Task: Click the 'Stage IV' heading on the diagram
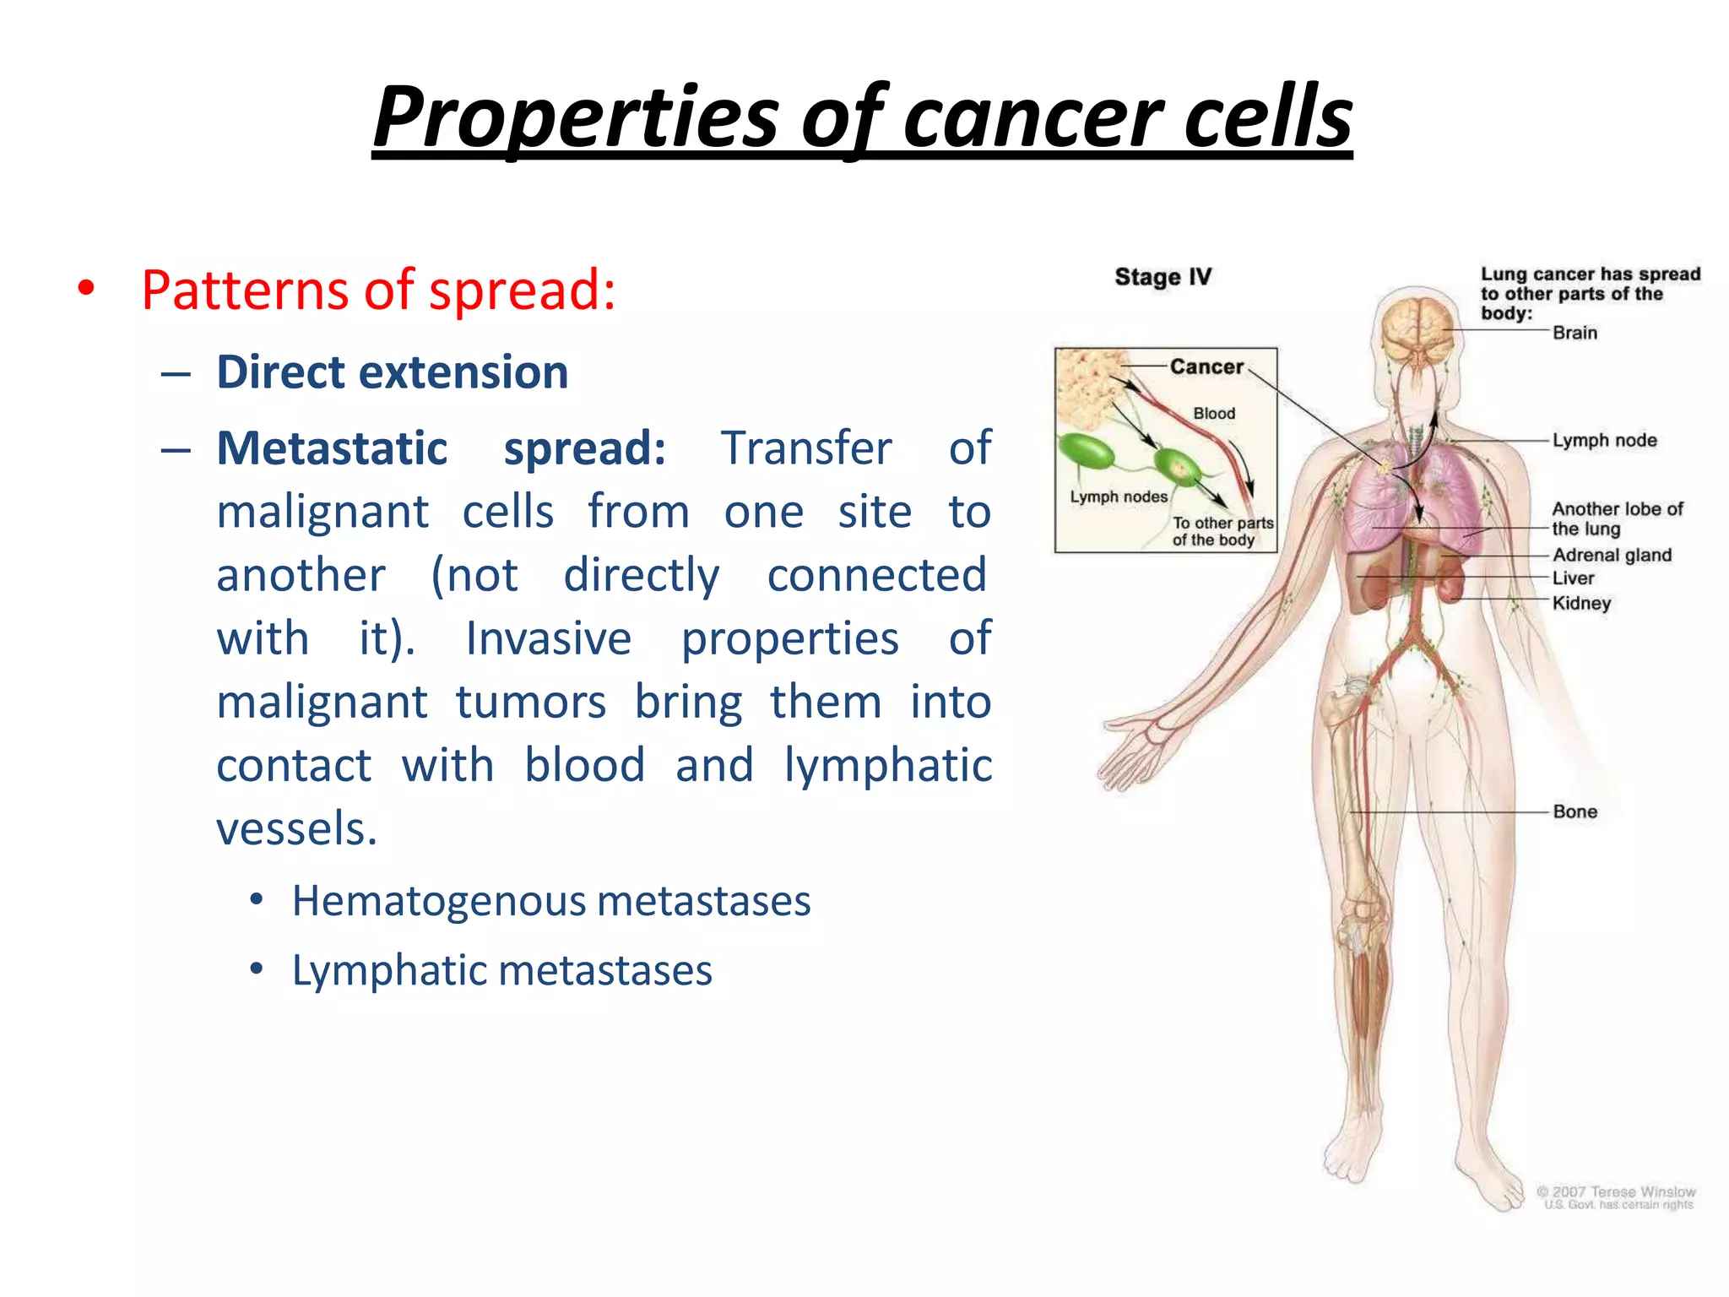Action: tap(1163, 277)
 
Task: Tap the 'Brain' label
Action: tap(1575, 333)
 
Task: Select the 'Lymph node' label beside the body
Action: tap(1604, 440)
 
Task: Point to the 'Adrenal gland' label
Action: tap(1612, 555)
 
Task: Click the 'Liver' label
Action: tap(1573, 578)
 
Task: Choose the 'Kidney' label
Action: tap(1581, 603)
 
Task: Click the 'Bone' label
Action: tap(1575, 811)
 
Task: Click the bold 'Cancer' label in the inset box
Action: tap(1206, 366)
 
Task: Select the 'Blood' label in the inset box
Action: tap(1214, 413)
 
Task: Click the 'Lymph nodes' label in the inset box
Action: tap(1119, 497)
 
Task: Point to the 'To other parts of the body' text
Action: tap(1222, 531)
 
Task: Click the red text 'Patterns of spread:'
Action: tap(378, 290)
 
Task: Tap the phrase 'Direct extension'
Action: tap(393, 372)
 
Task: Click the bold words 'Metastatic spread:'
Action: tap(441, 448)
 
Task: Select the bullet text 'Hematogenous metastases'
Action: tap(550, 900)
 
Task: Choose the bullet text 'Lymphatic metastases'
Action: tap(501, 969)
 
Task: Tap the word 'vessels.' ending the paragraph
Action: tap(296, 828)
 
